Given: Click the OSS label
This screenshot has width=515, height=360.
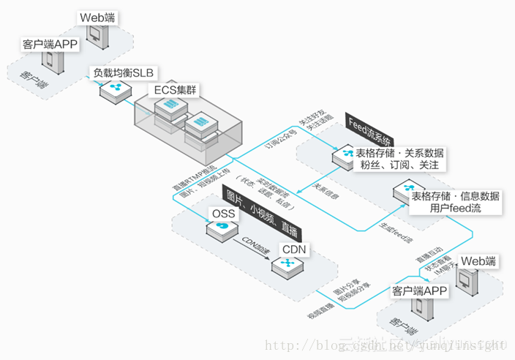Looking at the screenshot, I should [223, 213].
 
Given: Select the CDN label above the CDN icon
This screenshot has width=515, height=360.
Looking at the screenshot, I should [296, 250].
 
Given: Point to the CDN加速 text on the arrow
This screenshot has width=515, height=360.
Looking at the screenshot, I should [255, 244].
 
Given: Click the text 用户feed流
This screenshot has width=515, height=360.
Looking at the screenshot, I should [455, 209].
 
